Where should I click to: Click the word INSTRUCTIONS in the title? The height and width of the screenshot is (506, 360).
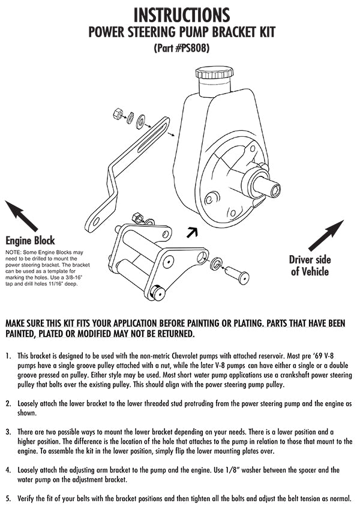181,14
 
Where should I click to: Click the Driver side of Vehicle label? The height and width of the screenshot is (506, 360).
309,266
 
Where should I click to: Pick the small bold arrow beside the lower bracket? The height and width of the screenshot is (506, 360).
191,231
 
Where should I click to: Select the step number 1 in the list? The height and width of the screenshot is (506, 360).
8,356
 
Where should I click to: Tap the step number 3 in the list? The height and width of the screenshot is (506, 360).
8,432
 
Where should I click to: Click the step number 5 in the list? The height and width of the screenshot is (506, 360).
8,498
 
